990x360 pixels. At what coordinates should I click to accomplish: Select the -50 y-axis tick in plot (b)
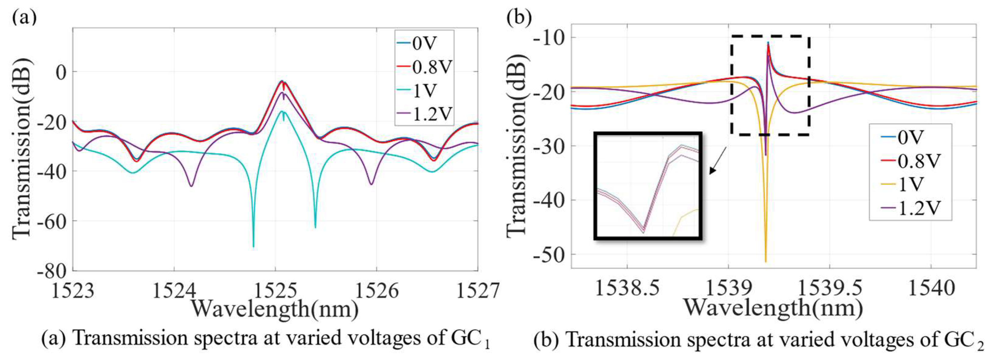tap(545, 254)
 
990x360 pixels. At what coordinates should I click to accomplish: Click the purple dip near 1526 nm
tap(371, 184)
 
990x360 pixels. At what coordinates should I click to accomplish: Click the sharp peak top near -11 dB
tap(768, 43)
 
